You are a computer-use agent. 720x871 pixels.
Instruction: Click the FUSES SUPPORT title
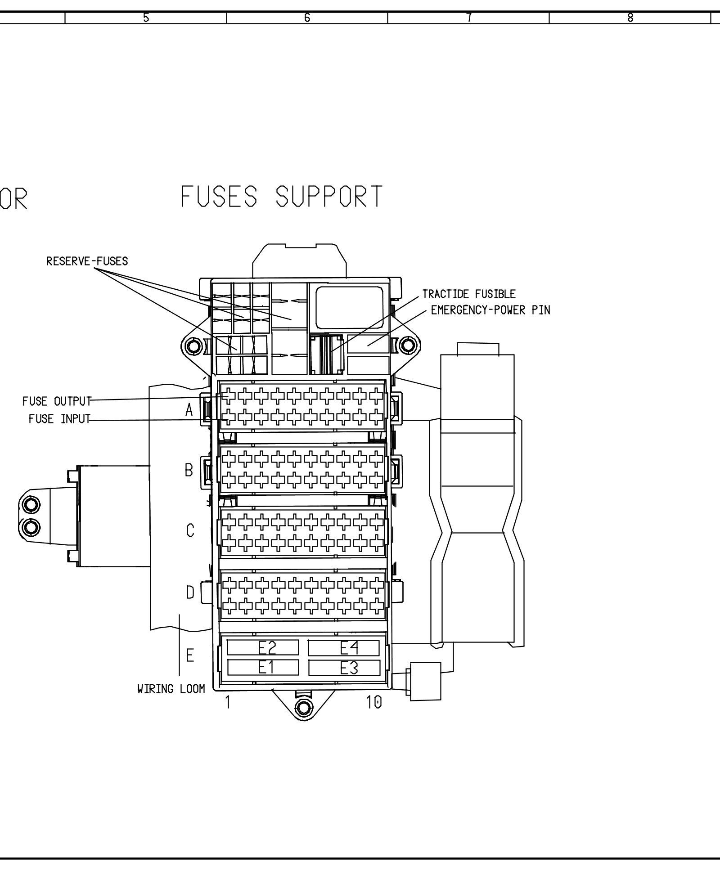click(x=282, y=197)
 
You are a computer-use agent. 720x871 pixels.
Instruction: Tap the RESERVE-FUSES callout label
click(x=87, y=261)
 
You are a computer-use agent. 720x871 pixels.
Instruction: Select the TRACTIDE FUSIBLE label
click(x=468, y=294)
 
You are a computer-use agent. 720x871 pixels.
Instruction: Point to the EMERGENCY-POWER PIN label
click(x=490, y=310)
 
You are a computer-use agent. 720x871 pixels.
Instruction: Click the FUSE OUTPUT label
click(x=57, y=401)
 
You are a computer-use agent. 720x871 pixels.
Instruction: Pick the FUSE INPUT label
click(x=59, y=419)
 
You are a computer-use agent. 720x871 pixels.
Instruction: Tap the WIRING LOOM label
click(x=171, y=689)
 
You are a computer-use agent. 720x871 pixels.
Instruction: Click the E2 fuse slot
click(x=263, y=648)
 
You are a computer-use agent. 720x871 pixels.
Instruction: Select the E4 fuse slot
click(x=344, y=648)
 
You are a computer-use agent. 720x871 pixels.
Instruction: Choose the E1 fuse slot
click(x=263, y=668)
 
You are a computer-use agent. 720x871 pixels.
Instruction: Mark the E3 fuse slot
click(x=344, y=668)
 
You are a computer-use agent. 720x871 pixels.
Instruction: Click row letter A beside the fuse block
click(x=189, y=410)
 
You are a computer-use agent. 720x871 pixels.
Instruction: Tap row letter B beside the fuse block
click(x=189, y=471)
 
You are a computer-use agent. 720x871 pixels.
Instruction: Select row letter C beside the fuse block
click(x=190, y=531)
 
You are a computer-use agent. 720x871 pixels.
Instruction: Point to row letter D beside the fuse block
click(x=190, y=593)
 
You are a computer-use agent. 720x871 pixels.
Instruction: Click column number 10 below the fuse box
click(x=373, y=702)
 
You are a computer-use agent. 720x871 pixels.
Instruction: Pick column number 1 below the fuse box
click(x=228, y=702)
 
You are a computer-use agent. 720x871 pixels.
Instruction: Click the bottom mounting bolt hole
click(x=304, y=708)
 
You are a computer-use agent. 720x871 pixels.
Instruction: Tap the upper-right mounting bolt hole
click(x=408, y=346)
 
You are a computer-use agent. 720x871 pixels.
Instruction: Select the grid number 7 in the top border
click(x=468, y=18)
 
